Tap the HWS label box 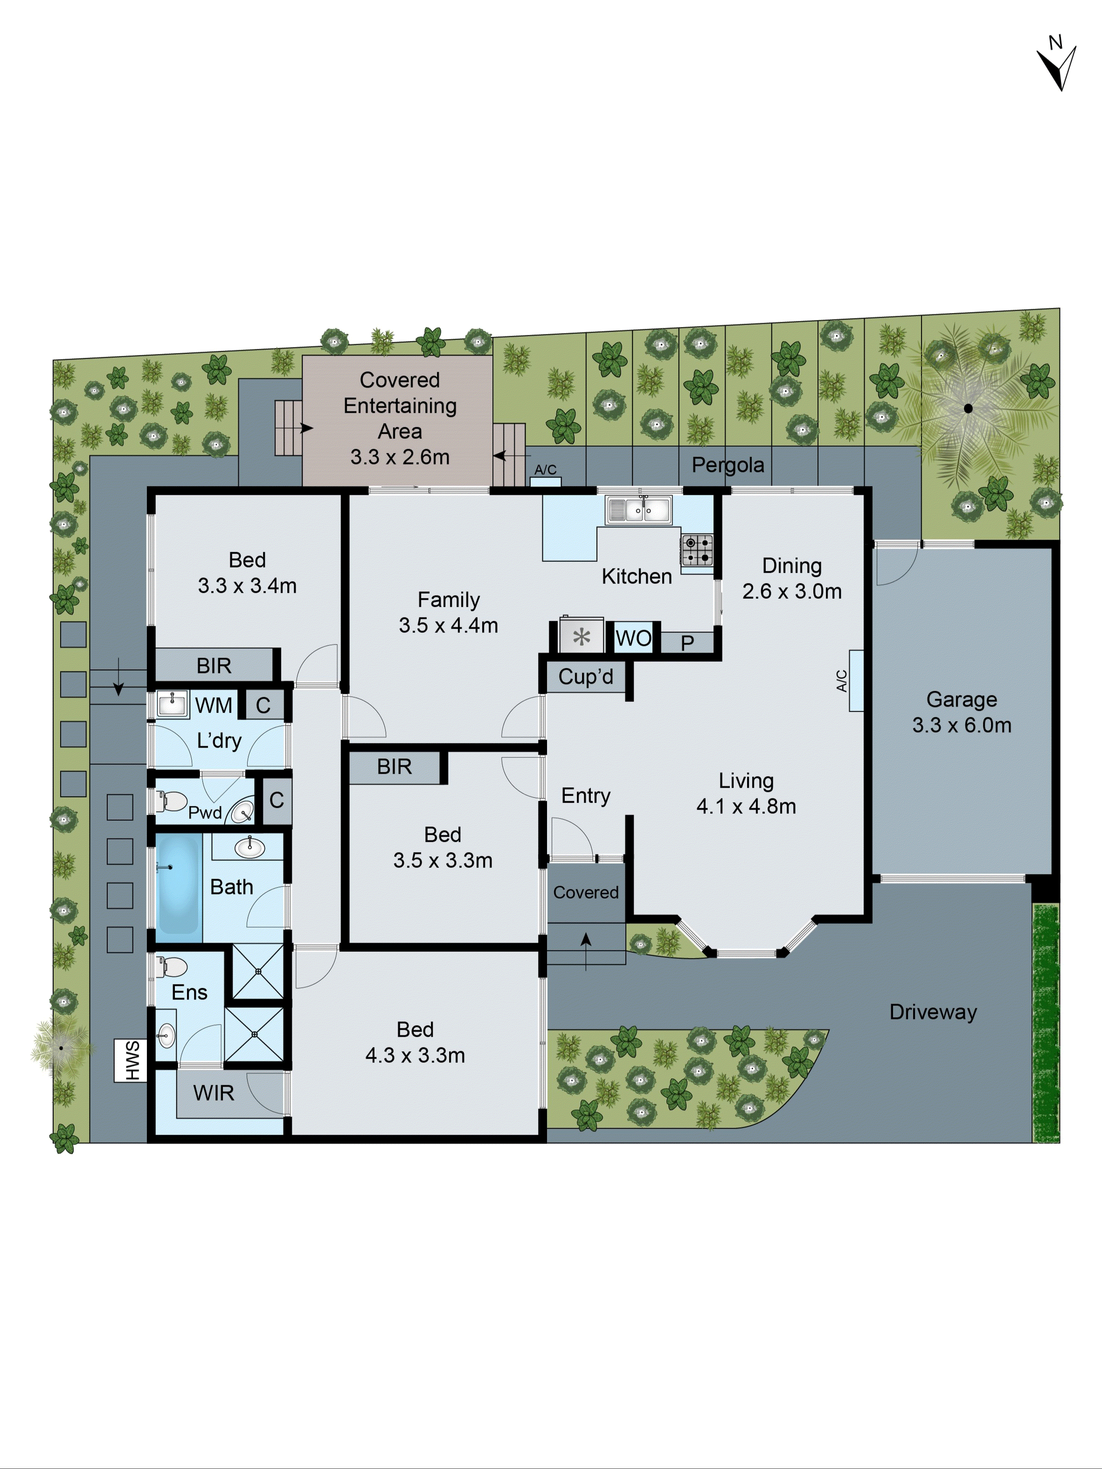click(130, 1060)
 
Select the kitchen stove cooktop click(697, 550)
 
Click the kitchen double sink click(638, 510)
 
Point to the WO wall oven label click(633, 638)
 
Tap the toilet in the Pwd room click(172, 801)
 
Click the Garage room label click(961, 699)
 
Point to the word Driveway click(933, 1012)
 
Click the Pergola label click(727, 465)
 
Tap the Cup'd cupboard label click(585, 677)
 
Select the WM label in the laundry click(213, 705)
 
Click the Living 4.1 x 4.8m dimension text click(746, 806)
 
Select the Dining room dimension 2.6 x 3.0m click(792, 591)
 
